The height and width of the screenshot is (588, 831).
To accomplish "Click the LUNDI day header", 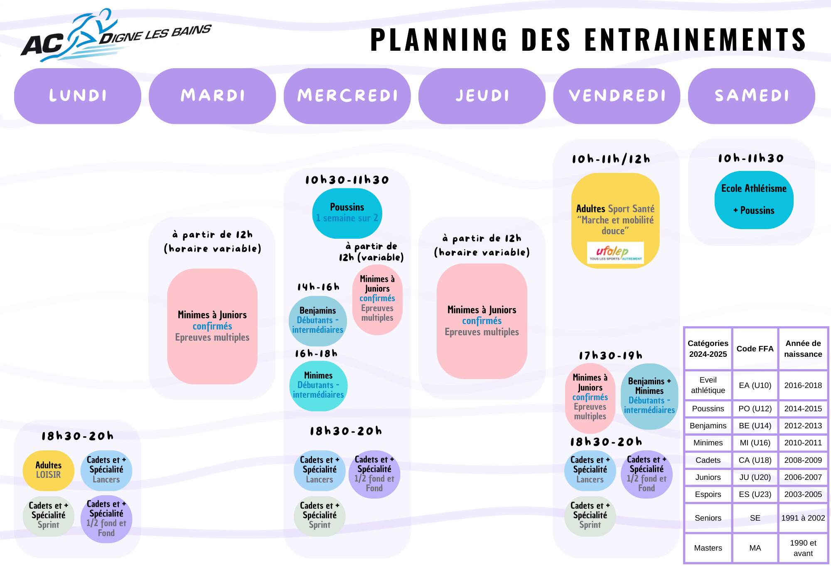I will tap(78, 96).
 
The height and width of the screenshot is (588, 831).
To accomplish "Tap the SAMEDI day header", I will tap(751, 96).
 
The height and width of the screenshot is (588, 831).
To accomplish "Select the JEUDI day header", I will tap(482, 96).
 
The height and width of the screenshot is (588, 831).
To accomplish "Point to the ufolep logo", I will tap(615, 252).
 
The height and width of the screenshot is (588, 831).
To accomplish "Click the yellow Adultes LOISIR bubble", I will tap(49, 470).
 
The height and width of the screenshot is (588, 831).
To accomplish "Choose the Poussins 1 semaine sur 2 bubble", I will tap(347, 213).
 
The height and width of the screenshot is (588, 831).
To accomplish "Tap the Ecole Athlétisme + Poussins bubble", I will tap(754, 200).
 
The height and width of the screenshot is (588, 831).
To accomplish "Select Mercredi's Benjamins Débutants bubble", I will tap(318, 321).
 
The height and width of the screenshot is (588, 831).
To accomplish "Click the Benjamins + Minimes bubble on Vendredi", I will tap(649, 396).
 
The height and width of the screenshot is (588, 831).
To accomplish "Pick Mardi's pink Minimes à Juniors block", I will tap(212, 326).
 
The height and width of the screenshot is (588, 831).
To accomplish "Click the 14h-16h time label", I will tap(318, 287).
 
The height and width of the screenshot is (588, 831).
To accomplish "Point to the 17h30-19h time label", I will tap(610, 356).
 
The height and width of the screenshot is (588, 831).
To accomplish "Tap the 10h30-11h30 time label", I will tap(347, 180).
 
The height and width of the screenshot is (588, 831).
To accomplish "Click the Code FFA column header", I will tap(755, 348).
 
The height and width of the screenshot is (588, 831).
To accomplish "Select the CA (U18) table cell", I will tap(755, 460).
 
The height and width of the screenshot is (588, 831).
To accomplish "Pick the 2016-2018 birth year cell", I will tap(803, 385).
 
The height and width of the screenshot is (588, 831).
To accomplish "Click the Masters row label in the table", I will tap(708, 548).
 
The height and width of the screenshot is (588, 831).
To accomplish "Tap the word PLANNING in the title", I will tap(439, 40).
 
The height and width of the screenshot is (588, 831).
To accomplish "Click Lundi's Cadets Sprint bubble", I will tap(49, 516).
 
